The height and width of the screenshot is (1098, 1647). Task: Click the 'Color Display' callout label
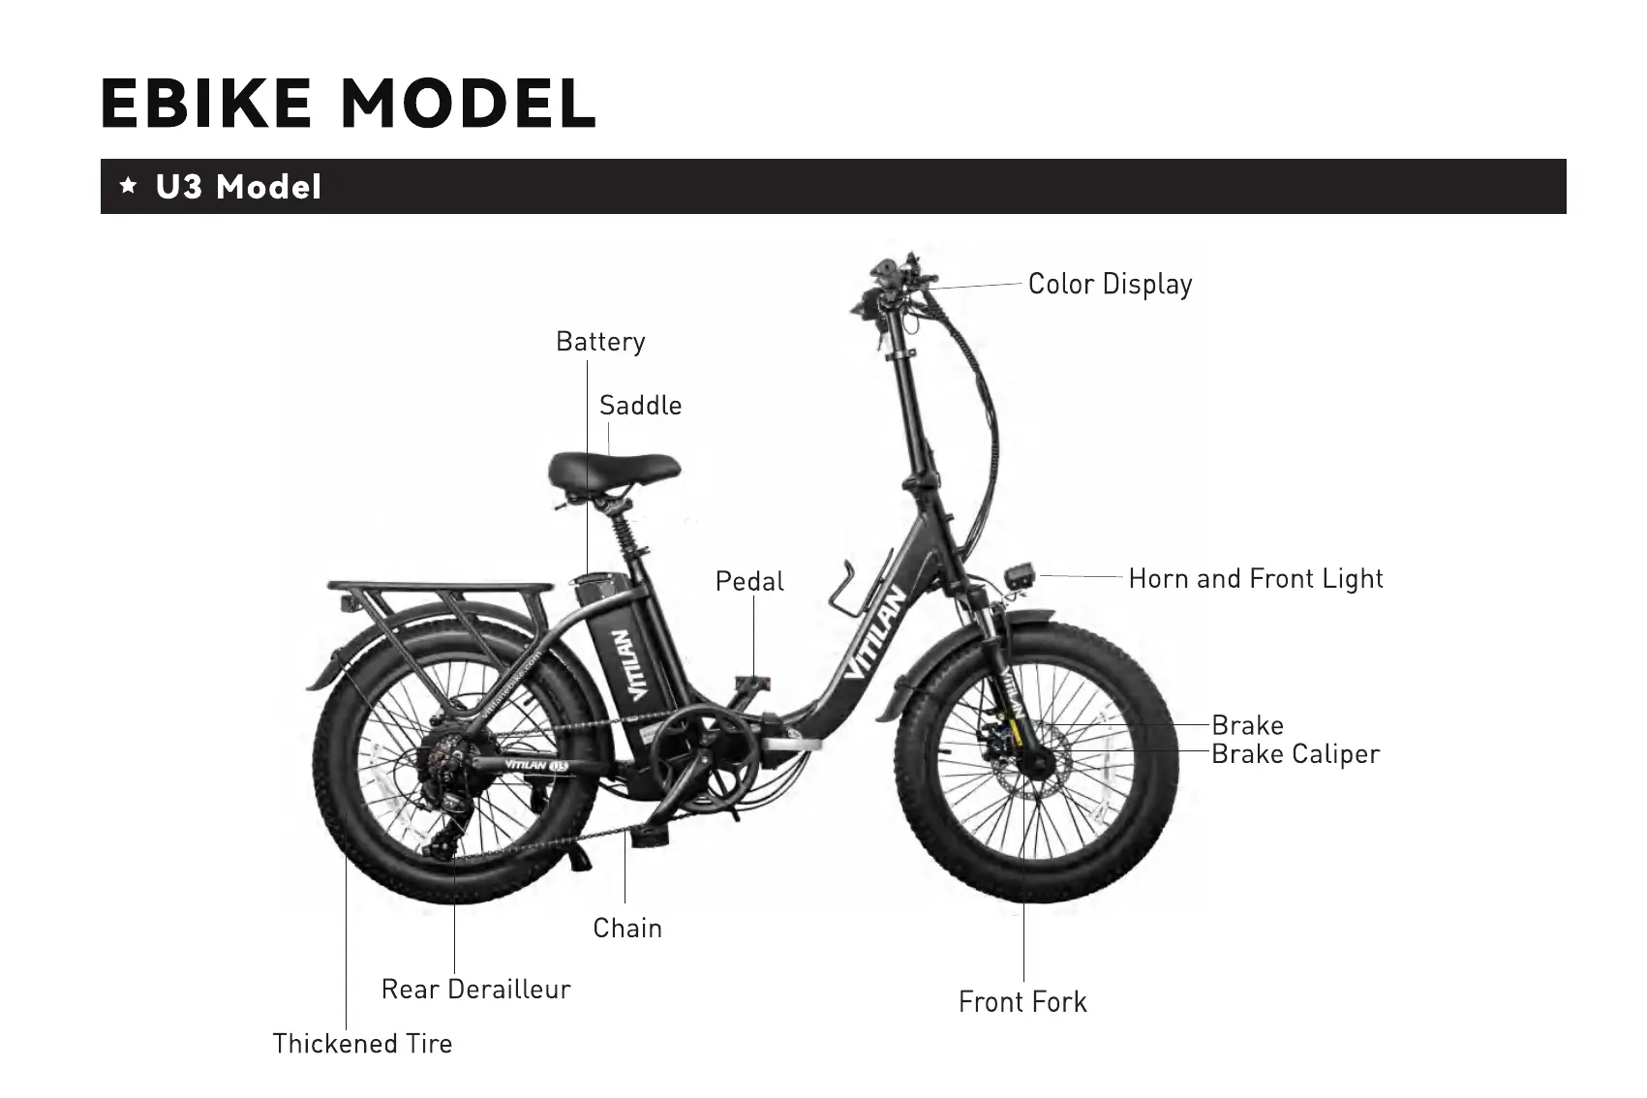pyautogui.click(x=1110, y=285)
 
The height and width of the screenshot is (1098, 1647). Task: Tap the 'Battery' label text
pyautogui.click(x=600, y=342)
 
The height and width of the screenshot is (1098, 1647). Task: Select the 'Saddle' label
pyautogui.click(x=640, y=406)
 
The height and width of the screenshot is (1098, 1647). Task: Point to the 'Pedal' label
pyautogui.click(x=749, y=581)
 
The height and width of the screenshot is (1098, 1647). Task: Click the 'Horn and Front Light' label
pyautogui.click(x=1256, y=579)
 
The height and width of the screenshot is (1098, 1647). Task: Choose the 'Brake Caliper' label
pyautogui.click(x=1296, y=754)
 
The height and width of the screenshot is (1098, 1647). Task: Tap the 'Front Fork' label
pyautogui.click(x=1022, y=1002)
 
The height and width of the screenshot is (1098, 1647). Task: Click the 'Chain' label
pyautogui.click(x=627, y=929)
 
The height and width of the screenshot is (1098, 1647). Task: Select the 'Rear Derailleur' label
pyautogui.click(x=475, y=990)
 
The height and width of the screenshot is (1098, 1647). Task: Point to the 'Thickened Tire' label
pyautogui.click(x=362, y=1044)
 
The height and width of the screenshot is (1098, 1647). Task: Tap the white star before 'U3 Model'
pyautogui.click(x=128, y=186)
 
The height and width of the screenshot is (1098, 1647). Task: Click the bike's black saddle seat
pyautogui.click(x=613, y=470)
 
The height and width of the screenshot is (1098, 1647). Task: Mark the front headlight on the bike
pyautogui.click(x=1021, y=576)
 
